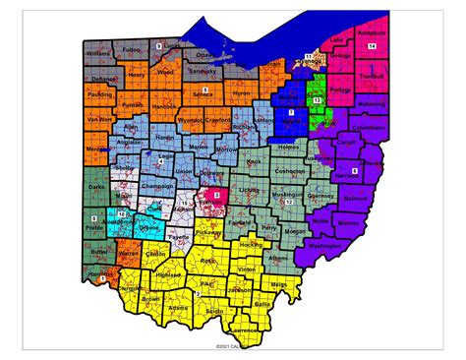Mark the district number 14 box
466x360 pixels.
pos(372,46)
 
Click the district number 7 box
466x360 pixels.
pos(291,115)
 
